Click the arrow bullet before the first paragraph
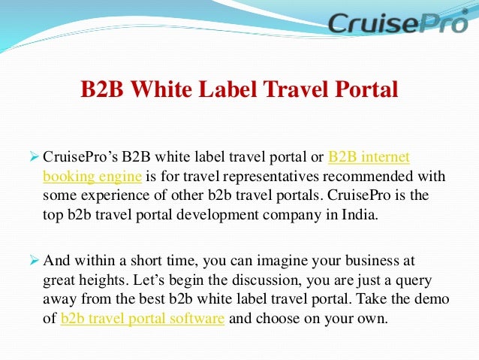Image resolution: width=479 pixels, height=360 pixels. click(x=32, y=157)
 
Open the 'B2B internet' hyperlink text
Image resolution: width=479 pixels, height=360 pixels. click(x=369, y=158)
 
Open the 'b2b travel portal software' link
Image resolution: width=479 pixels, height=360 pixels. click(x=143, y=318)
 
